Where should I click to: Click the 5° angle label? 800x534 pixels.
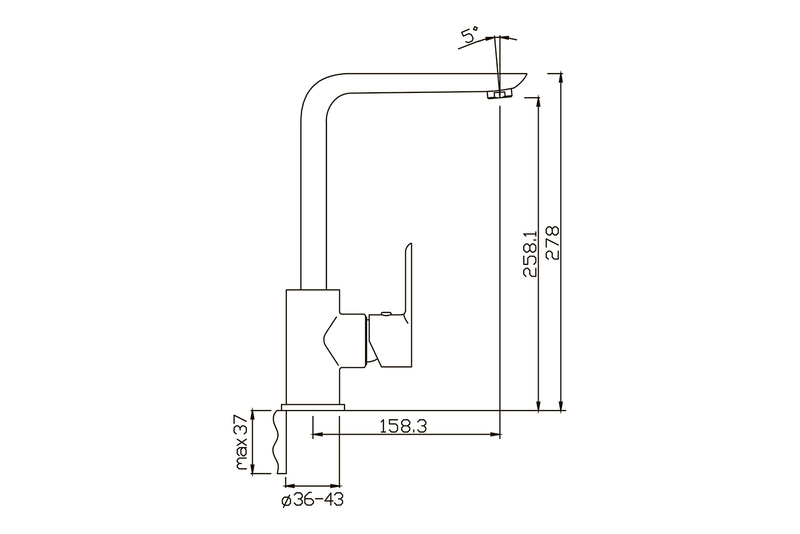tap(469, 34)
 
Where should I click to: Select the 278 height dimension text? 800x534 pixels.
tap(553, 242)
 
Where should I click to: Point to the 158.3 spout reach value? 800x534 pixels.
tap(403, 426)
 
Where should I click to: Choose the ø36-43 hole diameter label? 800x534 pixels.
tap(313, 500)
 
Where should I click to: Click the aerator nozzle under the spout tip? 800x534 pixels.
tap(499, 95)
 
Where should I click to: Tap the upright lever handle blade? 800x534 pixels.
tap(408, 279)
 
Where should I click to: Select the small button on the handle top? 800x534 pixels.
tap(386, 313)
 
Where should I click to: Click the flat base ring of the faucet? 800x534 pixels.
tap(313, 407)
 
